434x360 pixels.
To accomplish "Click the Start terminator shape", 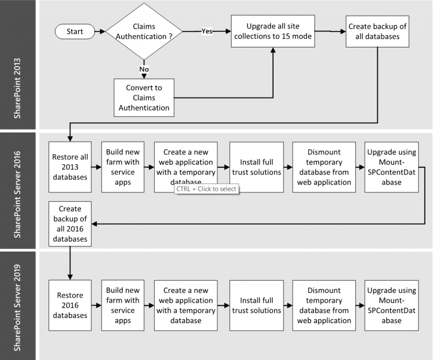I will click(75, 31).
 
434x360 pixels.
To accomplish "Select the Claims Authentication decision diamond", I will click(144, 31).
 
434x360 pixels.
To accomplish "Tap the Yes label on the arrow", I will click(206, 31).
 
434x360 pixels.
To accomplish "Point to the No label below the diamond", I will click(144, 69).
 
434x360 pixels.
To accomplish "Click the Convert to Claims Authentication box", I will click(144, 98).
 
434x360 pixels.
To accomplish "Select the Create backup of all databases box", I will click(377, 31).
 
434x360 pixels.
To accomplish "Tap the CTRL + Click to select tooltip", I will click(206, 189).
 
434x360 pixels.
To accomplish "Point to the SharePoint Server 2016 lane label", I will click(19, 191).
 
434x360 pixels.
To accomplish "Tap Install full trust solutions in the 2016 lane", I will click(256, 167).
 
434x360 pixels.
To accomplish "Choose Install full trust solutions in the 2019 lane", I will click(256, 305).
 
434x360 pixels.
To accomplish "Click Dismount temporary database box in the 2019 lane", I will click(324, 305).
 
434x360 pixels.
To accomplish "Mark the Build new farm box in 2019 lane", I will click(123, 305).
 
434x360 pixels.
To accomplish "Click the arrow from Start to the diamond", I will click(99, 31).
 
